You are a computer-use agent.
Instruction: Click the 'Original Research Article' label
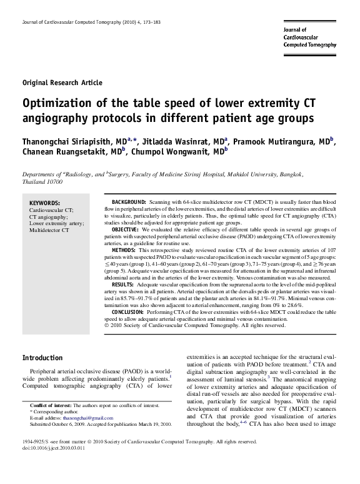click(62, 83)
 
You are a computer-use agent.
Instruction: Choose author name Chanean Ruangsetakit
click(71, 151)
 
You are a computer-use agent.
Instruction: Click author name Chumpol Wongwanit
click(177, 151)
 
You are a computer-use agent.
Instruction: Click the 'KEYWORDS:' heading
click(45, 203)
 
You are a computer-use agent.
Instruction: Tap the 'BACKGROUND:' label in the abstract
click(129, 203)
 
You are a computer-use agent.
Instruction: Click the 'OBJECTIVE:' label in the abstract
click(126, 230)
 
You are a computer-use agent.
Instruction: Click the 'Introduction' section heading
click(42, 358)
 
